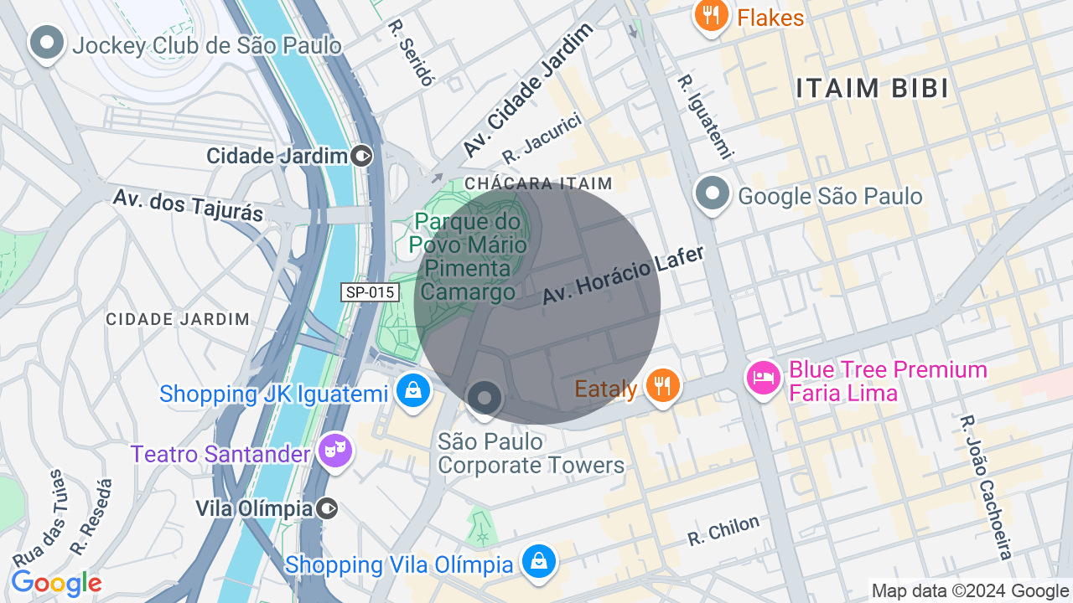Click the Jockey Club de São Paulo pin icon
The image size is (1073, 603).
(47, 42)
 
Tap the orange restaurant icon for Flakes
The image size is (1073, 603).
(711, 15)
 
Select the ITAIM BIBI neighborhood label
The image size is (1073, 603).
(872, 88)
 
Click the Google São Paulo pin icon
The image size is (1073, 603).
(712, 194)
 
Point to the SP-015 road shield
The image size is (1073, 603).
(370, 292)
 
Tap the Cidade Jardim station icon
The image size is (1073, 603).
(362, 156)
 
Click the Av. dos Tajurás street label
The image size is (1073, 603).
(188, 205)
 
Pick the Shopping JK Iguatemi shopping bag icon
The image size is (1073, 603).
(412, 390)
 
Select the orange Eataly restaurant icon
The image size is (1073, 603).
(663, 385)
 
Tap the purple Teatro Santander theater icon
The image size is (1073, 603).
(335, 452)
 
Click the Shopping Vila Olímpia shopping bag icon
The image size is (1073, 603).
(538, 561)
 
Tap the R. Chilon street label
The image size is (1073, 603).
(723, 530)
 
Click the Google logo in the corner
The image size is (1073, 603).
(56, 583)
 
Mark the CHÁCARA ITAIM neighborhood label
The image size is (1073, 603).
(538, 183)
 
